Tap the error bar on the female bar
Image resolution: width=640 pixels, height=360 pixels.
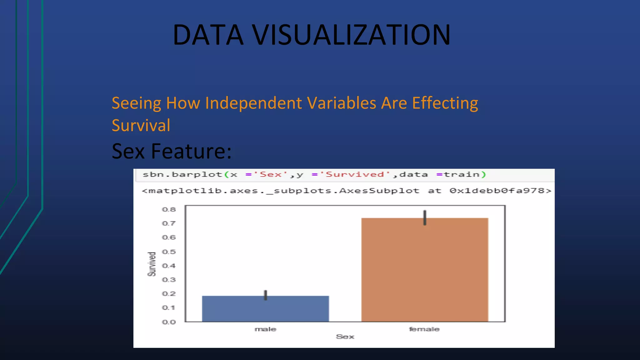tap(425, 217)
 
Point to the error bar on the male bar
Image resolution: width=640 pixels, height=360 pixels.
tap(266, 295)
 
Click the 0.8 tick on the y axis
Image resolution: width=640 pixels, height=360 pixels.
tap(169, 210)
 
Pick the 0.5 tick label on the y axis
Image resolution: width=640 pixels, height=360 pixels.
tap(169, 252)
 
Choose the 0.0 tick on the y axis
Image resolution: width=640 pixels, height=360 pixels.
tap(169, 322)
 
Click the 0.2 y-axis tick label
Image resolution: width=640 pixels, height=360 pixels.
tap(169, 294)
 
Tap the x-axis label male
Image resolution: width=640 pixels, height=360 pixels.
tap(265, 329)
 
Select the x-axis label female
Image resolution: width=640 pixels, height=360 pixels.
tap(424, 329)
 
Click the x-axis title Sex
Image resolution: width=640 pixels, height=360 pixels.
tap(345, 337)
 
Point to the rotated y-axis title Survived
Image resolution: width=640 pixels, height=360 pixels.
tap(152, 264)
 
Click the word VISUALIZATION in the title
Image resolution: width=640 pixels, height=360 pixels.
tap(351, 35)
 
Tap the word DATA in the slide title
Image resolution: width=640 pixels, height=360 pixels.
tap(208, 35)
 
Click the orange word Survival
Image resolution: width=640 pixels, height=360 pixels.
tap(141, 126)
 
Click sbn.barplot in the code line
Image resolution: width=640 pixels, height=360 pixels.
tap(182, 175)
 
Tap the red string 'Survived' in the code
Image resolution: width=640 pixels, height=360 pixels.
tap(355, 175)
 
